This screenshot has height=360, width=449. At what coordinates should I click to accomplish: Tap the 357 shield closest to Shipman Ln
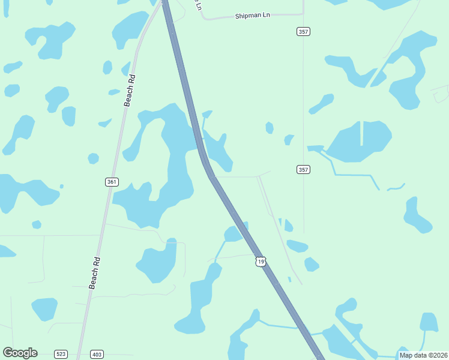(x=303, y=31)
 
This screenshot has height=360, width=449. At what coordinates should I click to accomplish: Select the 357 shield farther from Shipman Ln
(x=303, y=170)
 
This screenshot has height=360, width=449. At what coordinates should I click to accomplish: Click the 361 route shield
(x=112, y=182)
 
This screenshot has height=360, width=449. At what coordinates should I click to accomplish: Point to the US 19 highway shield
(x=260, y=261)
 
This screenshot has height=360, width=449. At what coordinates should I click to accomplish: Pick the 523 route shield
(x=61, y=354)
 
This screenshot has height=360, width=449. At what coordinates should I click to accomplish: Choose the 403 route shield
(x=97, y=354)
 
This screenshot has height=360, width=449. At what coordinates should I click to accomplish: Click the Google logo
(x=20, y=353)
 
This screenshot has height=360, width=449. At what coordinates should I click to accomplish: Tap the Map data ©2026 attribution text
(x=423, y=355)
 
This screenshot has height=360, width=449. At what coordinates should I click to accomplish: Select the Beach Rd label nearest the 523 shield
(x=95, y=273)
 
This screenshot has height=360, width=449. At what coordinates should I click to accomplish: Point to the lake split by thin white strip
(x=359, y=142)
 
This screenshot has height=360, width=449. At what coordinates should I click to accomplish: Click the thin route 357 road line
(x=303, y=108)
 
